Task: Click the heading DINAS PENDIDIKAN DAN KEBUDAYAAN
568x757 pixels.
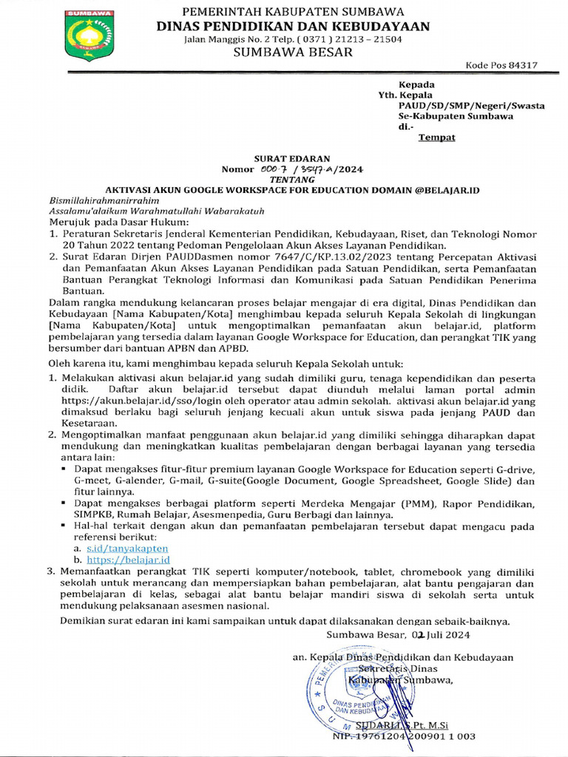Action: pos(293,26)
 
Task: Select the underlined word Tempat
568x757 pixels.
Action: pos(437,137)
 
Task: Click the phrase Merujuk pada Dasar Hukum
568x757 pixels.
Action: pos(109,221)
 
